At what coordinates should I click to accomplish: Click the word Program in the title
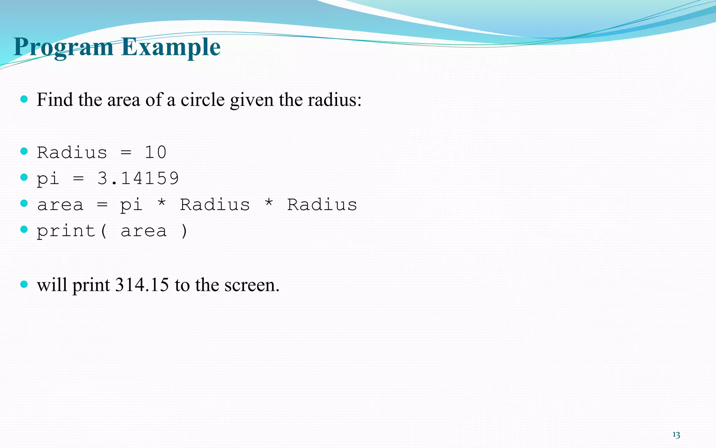(63, 47)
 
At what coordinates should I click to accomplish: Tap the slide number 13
(676, 435)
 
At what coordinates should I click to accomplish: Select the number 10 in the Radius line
(156, 153)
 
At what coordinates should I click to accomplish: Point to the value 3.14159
(138, 178)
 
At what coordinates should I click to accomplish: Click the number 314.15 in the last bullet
(142, 285)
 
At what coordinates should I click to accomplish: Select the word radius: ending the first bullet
(335, 100)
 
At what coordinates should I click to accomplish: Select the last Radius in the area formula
(322, 205)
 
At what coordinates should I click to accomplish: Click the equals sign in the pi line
(78, 179)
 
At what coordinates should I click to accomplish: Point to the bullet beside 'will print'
(24, 284)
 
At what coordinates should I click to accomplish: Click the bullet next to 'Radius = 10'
(24, 151)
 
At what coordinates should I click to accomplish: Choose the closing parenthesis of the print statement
(184, 231)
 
